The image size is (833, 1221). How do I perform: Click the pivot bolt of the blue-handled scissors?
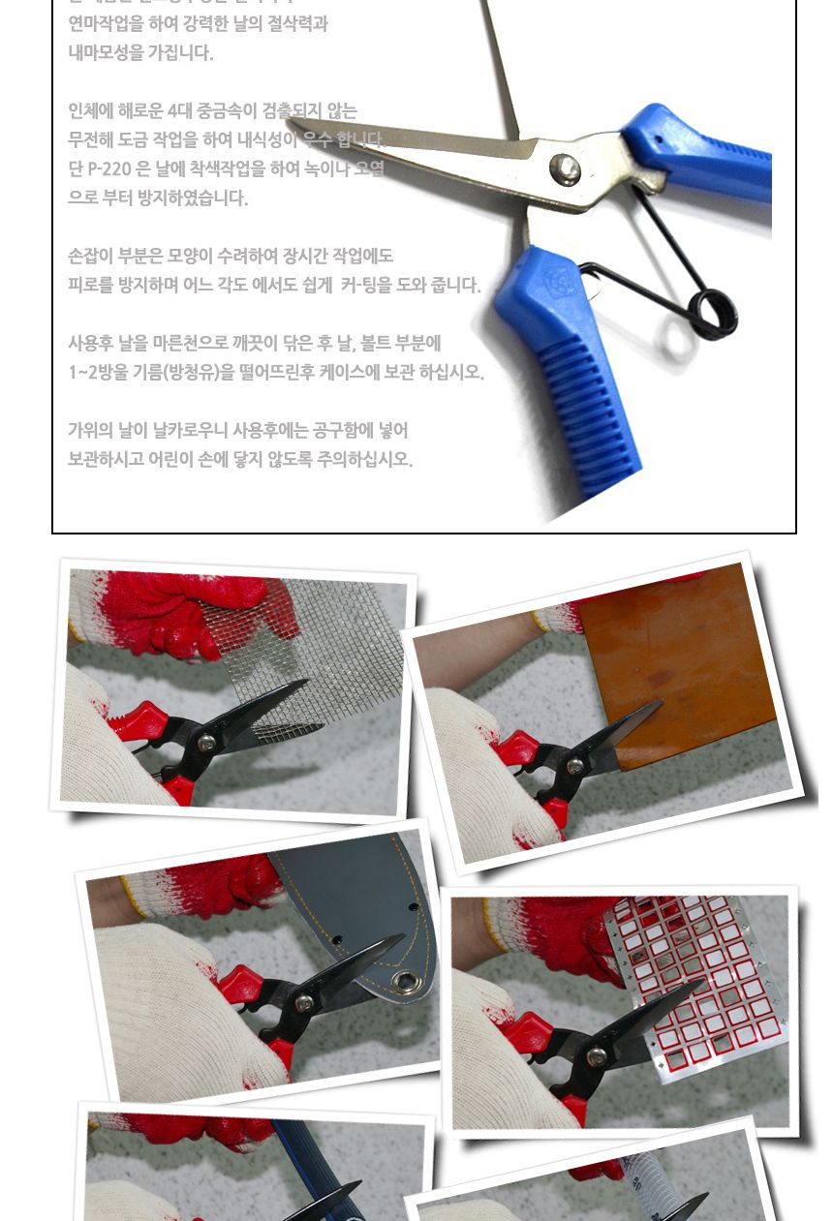(564, 169)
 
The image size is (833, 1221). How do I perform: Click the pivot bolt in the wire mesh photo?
(205, 744)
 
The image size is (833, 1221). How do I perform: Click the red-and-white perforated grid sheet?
(697, 978)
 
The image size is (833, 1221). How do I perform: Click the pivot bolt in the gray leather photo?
(305, 1003)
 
